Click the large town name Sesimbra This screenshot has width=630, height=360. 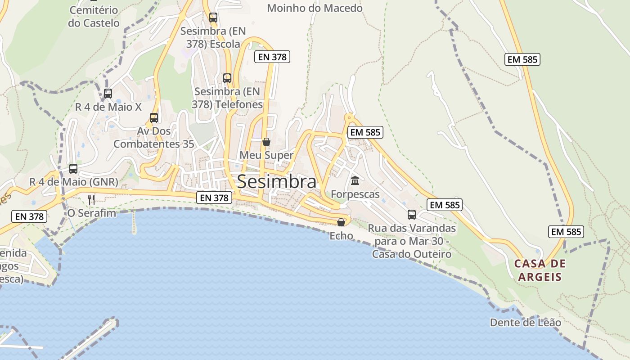coord(276,182)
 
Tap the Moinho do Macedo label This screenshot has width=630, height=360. coord(315,8)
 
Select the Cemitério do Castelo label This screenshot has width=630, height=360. coord(94,17)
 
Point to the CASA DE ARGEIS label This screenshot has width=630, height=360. coord(540,270)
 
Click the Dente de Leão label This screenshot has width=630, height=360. coord(525,323)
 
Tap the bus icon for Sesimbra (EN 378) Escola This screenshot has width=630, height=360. coord(213,18)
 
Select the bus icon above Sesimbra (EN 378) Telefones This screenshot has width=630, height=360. coord(227,78)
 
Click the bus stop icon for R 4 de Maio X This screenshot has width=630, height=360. coord(108,94)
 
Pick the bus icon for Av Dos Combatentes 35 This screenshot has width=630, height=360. coord(154,118)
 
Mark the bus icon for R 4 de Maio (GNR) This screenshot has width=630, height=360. coord(73,169)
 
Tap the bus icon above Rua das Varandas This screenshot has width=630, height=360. coord(412,215)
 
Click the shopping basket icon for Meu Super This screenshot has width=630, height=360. coord(266,142)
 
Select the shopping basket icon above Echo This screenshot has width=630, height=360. coord(341,222)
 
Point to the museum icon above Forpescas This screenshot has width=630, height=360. coord(355,181)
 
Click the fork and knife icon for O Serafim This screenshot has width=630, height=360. coord(91,199)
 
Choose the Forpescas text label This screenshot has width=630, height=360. coord(355,194)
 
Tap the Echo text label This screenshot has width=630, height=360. coord(341,236)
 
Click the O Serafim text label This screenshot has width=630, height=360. coord(91,213)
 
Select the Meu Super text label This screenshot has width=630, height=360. coord(266,155)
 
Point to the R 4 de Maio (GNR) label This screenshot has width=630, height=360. coord(73,182)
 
